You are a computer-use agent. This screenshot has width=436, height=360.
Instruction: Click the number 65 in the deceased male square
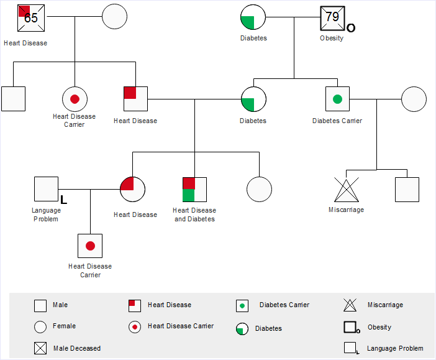tap(31, 17)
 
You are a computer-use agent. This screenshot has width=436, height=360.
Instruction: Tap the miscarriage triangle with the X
tap(347, 190)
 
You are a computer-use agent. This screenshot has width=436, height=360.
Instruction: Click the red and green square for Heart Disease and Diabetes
tap(194, 190)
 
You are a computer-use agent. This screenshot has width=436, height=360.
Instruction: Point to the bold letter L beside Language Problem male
tap(63, 199)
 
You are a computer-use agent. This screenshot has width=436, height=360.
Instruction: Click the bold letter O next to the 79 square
tap(351, 28)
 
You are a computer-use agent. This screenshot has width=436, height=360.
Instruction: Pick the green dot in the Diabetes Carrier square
tap(337, 99)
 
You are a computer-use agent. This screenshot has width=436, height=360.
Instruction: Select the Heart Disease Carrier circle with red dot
tap(75, 99)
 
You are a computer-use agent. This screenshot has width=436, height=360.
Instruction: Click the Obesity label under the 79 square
tap(332, 39)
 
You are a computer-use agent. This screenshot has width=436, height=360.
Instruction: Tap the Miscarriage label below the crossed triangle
tap(346, 210)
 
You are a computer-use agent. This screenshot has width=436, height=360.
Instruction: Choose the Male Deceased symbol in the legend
tap(40, 348)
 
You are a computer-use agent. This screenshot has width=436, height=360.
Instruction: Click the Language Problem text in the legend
tap(395, 349)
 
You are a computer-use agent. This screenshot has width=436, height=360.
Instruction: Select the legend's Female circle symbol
tap(40, 326)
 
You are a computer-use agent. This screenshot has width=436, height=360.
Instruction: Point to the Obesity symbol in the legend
tap(350, 327)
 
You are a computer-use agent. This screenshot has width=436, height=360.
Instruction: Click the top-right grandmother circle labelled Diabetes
tap(253, 17)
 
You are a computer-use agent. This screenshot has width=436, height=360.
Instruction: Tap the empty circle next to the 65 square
tap(114, 17)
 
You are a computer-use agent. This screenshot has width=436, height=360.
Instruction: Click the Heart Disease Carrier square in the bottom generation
tap(90, 246)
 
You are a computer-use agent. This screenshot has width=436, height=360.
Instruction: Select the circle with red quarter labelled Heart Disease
tap(132, 189)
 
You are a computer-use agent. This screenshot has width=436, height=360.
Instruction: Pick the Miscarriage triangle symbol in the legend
tap(350, 305)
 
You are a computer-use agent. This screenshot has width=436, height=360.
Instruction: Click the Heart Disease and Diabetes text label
tap(194, 215)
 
